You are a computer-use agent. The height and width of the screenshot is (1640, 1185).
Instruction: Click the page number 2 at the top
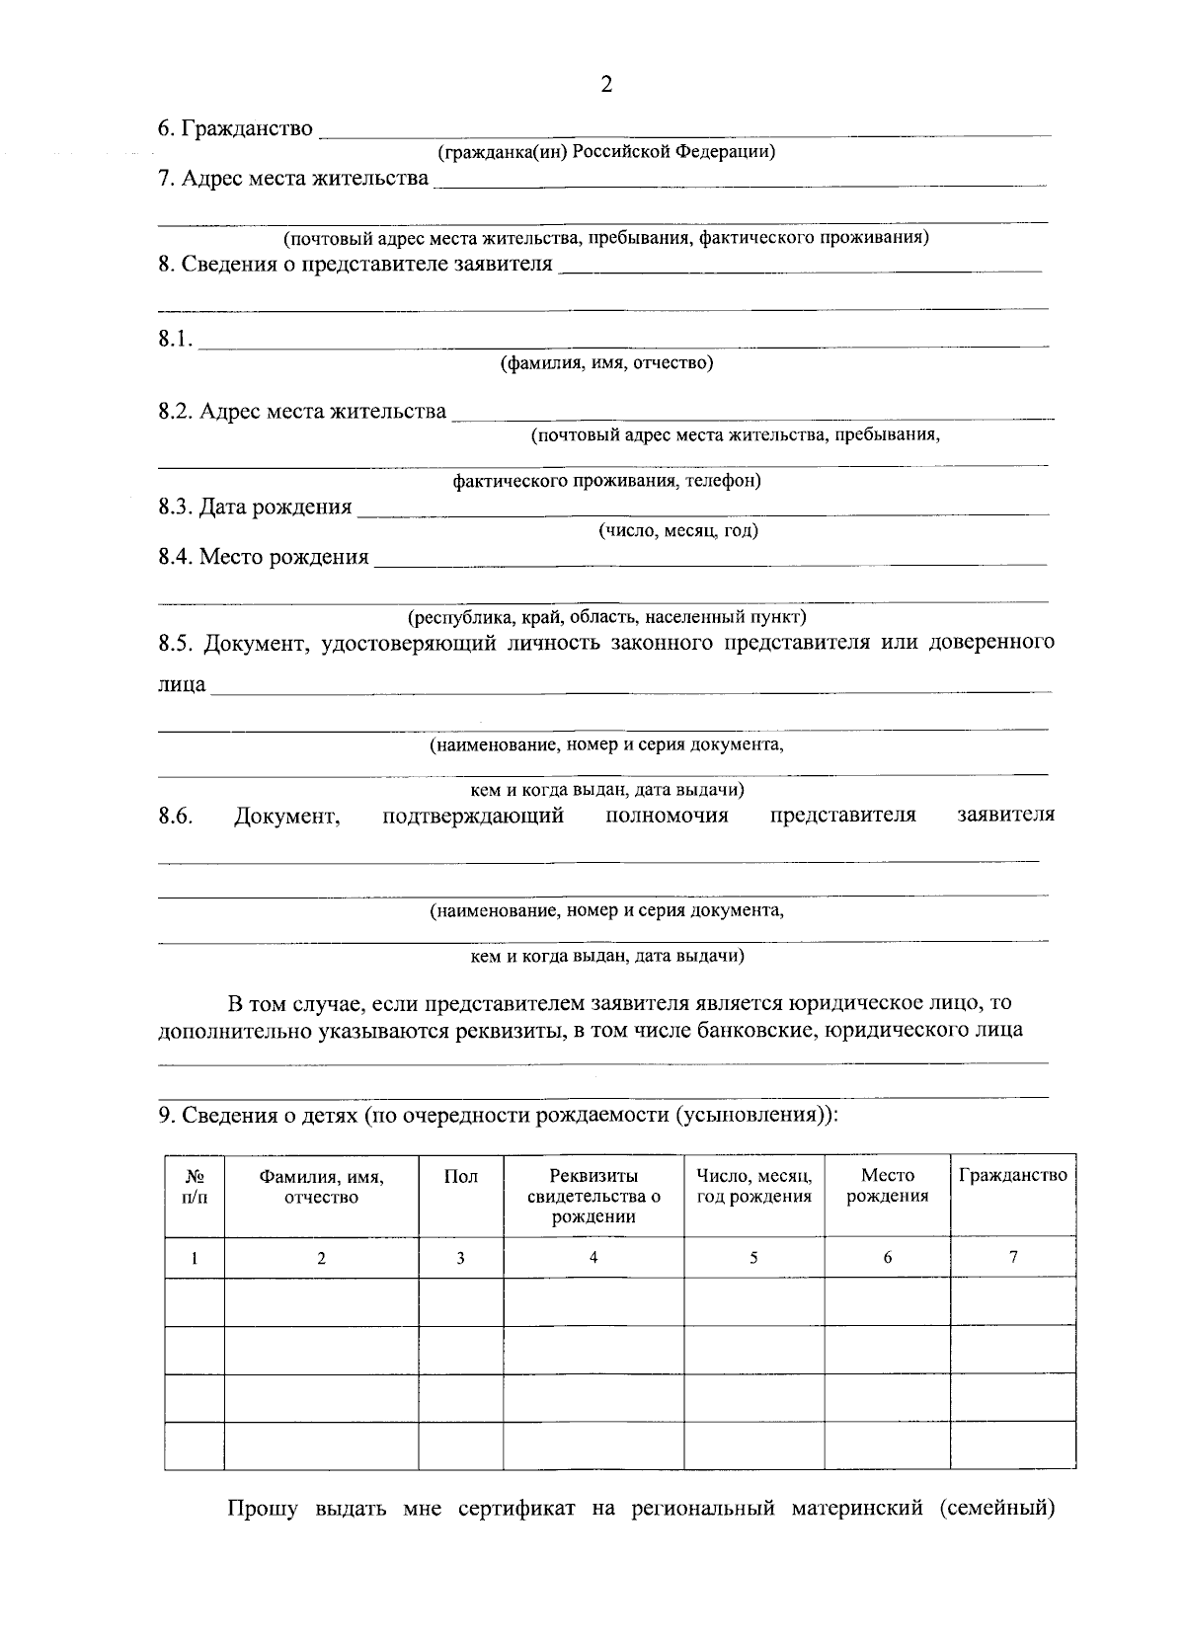click(x=606, y=85)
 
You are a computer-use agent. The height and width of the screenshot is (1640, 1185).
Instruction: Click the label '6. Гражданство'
click(x=235, y=128)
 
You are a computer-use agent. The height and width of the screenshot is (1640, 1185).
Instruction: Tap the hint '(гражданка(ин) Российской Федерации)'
click(x=606, y=152)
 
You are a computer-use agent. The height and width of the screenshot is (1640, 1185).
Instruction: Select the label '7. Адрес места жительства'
click(x=293, y=178)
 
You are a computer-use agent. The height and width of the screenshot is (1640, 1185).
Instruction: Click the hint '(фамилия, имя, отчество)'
click(x=606, y=362)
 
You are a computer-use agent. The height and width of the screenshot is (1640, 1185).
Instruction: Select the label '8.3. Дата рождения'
click(x=255, y=508)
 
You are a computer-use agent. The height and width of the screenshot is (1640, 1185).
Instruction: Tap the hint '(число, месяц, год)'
click(x=678, y=530)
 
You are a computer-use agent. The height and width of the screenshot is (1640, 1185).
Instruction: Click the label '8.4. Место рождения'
click(x=264, y=557)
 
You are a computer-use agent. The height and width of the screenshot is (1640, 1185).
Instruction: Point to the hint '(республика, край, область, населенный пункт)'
click(x=607, y=617)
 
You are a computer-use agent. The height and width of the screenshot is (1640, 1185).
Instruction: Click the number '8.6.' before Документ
click(x=175, y=815)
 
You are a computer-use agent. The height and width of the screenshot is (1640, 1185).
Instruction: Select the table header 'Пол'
click(x=460, y=1176)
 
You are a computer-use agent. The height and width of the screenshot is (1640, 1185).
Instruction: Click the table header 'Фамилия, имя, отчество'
click(x=321, y=1187)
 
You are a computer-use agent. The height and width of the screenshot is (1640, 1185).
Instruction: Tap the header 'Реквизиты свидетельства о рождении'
click(x=592, y=1196)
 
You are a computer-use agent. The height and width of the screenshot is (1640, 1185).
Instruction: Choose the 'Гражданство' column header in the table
click(x=1013, y=1175)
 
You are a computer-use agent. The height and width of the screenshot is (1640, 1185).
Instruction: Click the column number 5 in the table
click(x=753, y=1258)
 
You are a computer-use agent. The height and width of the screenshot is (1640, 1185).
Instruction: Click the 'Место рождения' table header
click(x=887, y=1186)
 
